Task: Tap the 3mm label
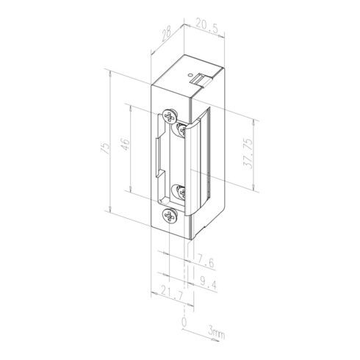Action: [216, 335]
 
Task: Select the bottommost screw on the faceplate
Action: [170, 216]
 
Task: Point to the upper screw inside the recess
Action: [180, 129]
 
